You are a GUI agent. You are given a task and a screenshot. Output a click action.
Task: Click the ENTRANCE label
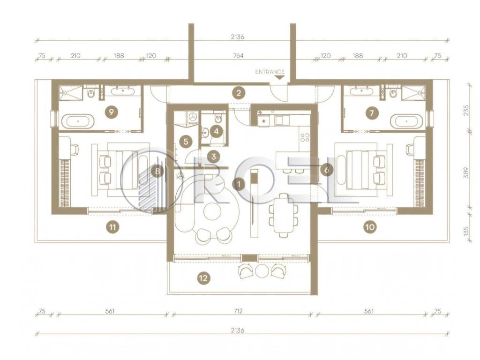point(270,72)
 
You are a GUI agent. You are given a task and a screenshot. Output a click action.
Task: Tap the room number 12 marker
point(203,278)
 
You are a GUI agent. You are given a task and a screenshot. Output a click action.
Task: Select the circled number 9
point(111,112)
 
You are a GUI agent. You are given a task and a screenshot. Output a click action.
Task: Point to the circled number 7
point(372,113)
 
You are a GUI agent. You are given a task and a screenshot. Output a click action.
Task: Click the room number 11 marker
point(112,227)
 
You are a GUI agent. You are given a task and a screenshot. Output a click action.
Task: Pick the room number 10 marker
point(370,227)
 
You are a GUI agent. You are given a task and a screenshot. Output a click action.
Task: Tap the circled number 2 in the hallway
point(239,92)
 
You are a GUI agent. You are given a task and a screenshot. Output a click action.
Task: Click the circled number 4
point(217,132)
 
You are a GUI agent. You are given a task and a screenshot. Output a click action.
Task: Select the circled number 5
point(186,142)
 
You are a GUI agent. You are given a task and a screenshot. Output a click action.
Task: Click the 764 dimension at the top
point(238,55)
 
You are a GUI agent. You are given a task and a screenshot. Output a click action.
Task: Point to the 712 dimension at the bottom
point(238,311)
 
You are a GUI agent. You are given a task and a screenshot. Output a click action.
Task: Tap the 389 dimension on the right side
point(466,172)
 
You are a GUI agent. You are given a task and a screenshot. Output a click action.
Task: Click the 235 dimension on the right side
point(466,110)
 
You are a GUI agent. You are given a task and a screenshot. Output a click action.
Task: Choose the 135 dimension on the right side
point(466,231)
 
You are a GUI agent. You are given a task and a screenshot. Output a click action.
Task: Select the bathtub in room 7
point(406,121)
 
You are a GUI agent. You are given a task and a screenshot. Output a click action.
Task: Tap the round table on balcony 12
point(262,270)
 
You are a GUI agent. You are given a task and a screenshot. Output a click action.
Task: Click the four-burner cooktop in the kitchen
point(305,137)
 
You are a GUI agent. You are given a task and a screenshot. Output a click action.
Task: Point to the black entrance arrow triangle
point(279,77)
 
